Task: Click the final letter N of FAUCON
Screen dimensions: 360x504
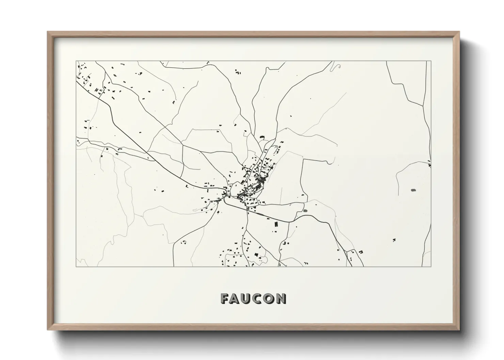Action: click(281, 298)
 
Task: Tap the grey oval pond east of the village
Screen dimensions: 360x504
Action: click(305, 211)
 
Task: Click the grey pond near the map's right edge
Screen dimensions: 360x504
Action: click(413, 190)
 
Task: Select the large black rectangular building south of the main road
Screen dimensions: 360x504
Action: click(276, 224)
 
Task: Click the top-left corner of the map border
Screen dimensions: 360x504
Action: click(76, 61)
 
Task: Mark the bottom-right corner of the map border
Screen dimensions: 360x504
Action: click(431, 266)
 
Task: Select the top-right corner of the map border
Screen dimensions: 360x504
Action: click(431, 61)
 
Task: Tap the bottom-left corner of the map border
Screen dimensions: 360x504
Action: click(76, 266)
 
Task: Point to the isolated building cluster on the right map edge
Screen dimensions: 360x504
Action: click(429, 165)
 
